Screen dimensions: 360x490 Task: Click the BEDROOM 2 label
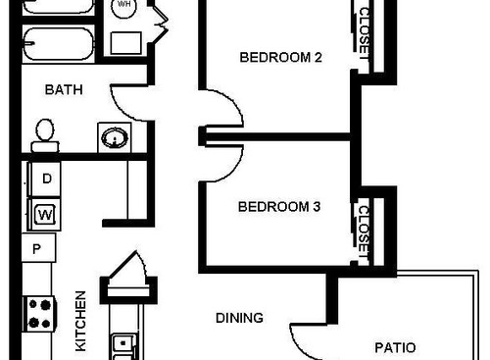281,57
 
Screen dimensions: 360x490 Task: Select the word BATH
64,89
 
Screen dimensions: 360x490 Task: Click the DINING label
240,318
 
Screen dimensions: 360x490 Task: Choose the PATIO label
396,347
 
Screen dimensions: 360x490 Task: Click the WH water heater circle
124,6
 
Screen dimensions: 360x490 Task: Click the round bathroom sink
113,137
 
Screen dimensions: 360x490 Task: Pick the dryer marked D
46,178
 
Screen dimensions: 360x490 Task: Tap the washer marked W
45,212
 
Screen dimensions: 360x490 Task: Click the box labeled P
37,248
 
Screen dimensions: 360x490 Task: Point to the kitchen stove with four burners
39,313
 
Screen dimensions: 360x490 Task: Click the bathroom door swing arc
127,99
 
